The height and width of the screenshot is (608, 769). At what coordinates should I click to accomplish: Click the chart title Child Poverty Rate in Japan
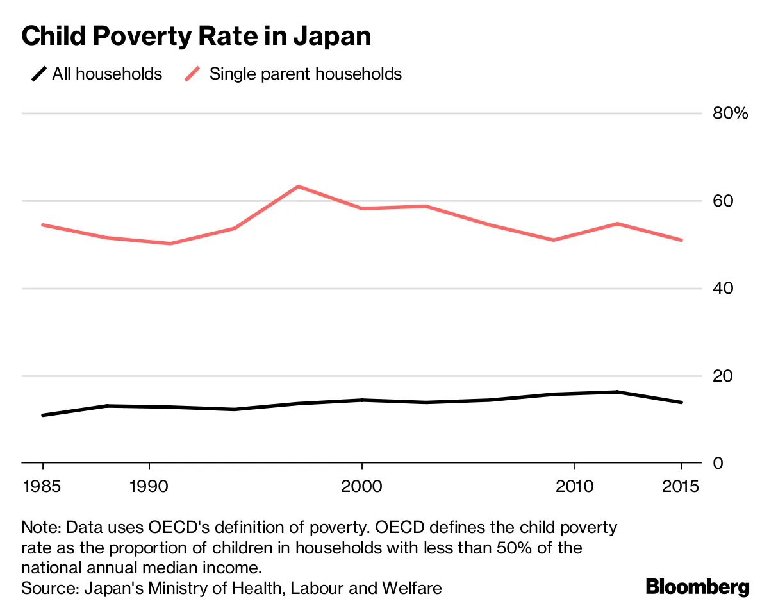click(196, 36)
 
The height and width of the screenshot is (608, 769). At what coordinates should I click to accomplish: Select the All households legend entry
click(97, 74)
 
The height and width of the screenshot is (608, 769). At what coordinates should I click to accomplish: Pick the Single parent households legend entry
click(294, 74)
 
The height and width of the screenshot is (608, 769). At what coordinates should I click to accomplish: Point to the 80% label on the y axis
click(730, 114)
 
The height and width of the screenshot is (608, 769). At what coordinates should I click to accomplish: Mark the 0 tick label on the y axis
click(718, 462)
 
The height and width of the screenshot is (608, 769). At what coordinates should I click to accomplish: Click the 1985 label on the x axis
click(42, 486)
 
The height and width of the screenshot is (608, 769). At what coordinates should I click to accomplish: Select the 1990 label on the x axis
click(149, 486)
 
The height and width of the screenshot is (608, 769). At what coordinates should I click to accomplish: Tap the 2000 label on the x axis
click(362, 486)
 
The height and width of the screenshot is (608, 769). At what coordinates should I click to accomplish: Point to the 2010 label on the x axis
click(575, 486)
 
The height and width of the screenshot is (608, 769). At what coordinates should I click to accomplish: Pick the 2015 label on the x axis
click(681, 486)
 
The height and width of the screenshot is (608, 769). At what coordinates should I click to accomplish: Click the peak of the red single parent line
click(298, 186)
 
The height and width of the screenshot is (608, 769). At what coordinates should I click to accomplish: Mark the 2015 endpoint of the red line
click(681, 240)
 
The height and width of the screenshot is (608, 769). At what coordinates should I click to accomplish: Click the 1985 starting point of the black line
click(43, 415)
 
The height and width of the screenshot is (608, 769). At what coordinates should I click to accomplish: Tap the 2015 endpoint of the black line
click(681, 402)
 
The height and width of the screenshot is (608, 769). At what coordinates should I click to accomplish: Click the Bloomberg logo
click(697, 586)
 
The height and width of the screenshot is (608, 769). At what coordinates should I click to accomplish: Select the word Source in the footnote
click(45, 587)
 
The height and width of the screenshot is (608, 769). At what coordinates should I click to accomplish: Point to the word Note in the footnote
click(40, 528)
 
